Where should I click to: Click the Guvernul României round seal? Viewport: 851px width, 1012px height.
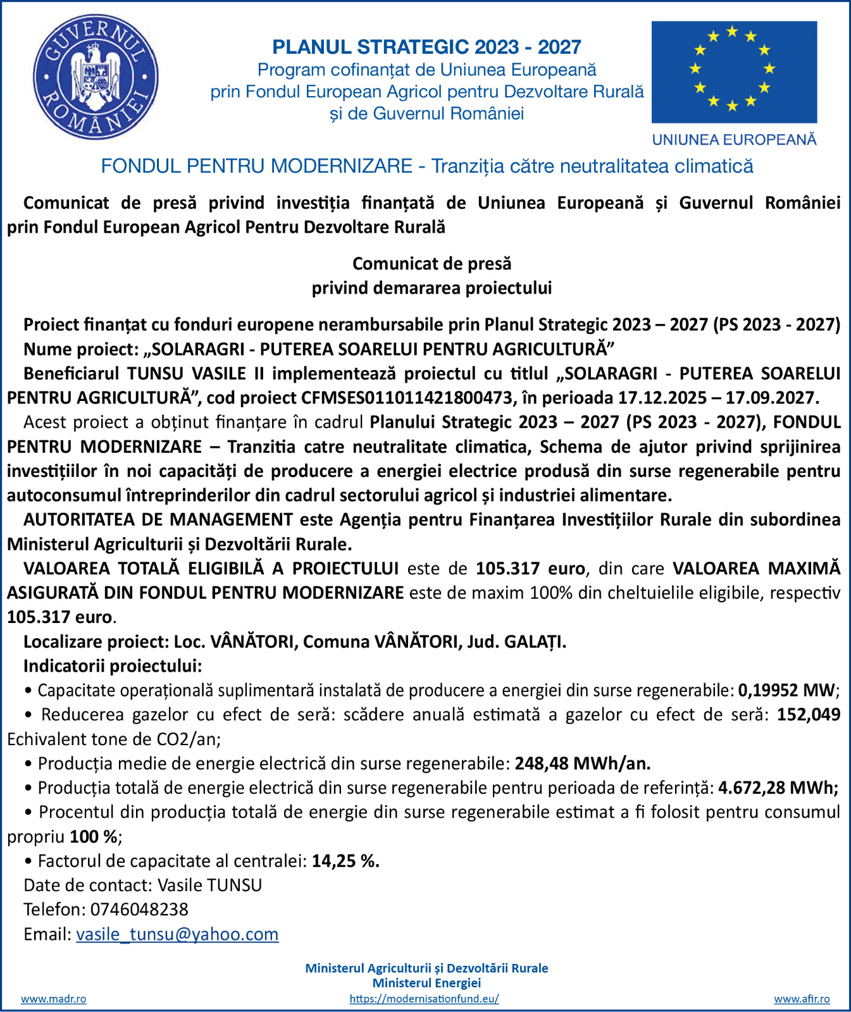(96, 77)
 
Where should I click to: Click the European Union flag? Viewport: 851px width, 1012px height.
(734, 72)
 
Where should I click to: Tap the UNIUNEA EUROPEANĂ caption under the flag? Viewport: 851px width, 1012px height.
(734, 140)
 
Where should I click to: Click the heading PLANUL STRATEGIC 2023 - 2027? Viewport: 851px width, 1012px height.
(426, 47)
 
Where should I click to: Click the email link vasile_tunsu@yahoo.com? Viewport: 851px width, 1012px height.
(177, 934)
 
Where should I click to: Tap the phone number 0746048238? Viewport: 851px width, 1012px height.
(139, 910)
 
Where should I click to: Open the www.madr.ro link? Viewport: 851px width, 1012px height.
(54, 999)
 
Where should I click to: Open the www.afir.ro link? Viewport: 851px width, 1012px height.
(802, 999)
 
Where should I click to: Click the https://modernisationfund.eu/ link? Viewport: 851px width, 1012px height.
(424, 999)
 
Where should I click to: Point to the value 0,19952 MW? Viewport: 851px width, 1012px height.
(786, 690)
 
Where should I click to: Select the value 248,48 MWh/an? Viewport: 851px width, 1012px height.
(582, 763)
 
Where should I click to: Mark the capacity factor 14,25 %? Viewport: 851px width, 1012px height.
(345, 861)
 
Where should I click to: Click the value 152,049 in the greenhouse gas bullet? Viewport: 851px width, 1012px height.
(808, 715)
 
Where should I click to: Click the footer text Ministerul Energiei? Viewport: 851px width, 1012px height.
(426, 983)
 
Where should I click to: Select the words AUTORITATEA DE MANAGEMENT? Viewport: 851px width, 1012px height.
(158, 520)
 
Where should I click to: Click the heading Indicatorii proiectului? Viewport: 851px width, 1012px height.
(113, 666)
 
